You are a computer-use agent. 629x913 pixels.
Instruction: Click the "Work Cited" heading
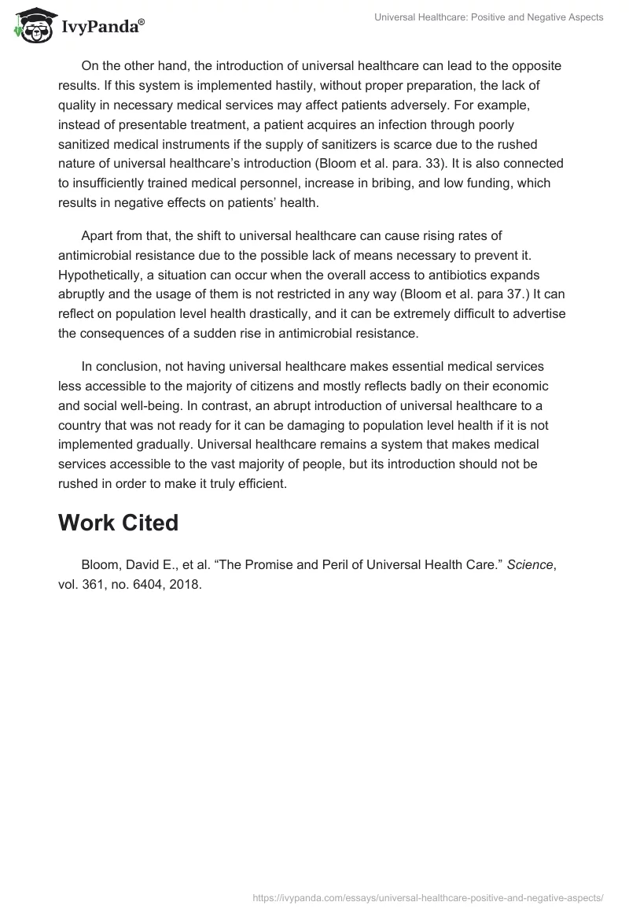(x=118, y=523)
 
